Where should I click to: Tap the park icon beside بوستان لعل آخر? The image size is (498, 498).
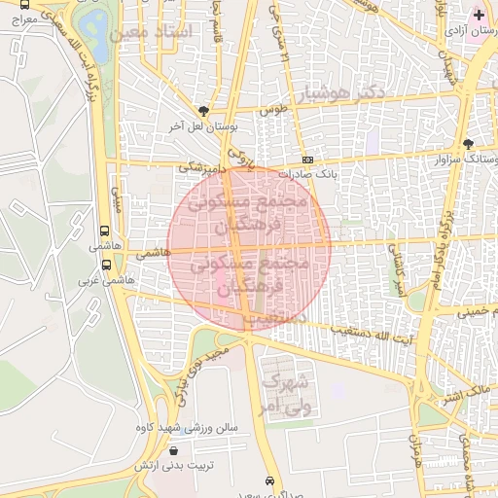click(202, 111)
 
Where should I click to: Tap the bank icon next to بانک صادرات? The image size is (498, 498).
click(307, 160)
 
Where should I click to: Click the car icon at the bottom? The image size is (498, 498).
click(269, 480)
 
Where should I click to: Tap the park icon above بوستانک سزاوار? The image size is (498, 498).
click(468, 143)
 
